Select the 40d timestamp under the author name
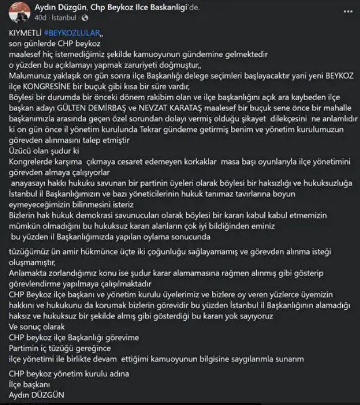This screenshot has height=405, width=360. pyautogui.click(x=41, y=17)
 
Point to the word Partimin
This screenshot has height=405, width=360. pyautogui.click(x=28, y=348)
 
